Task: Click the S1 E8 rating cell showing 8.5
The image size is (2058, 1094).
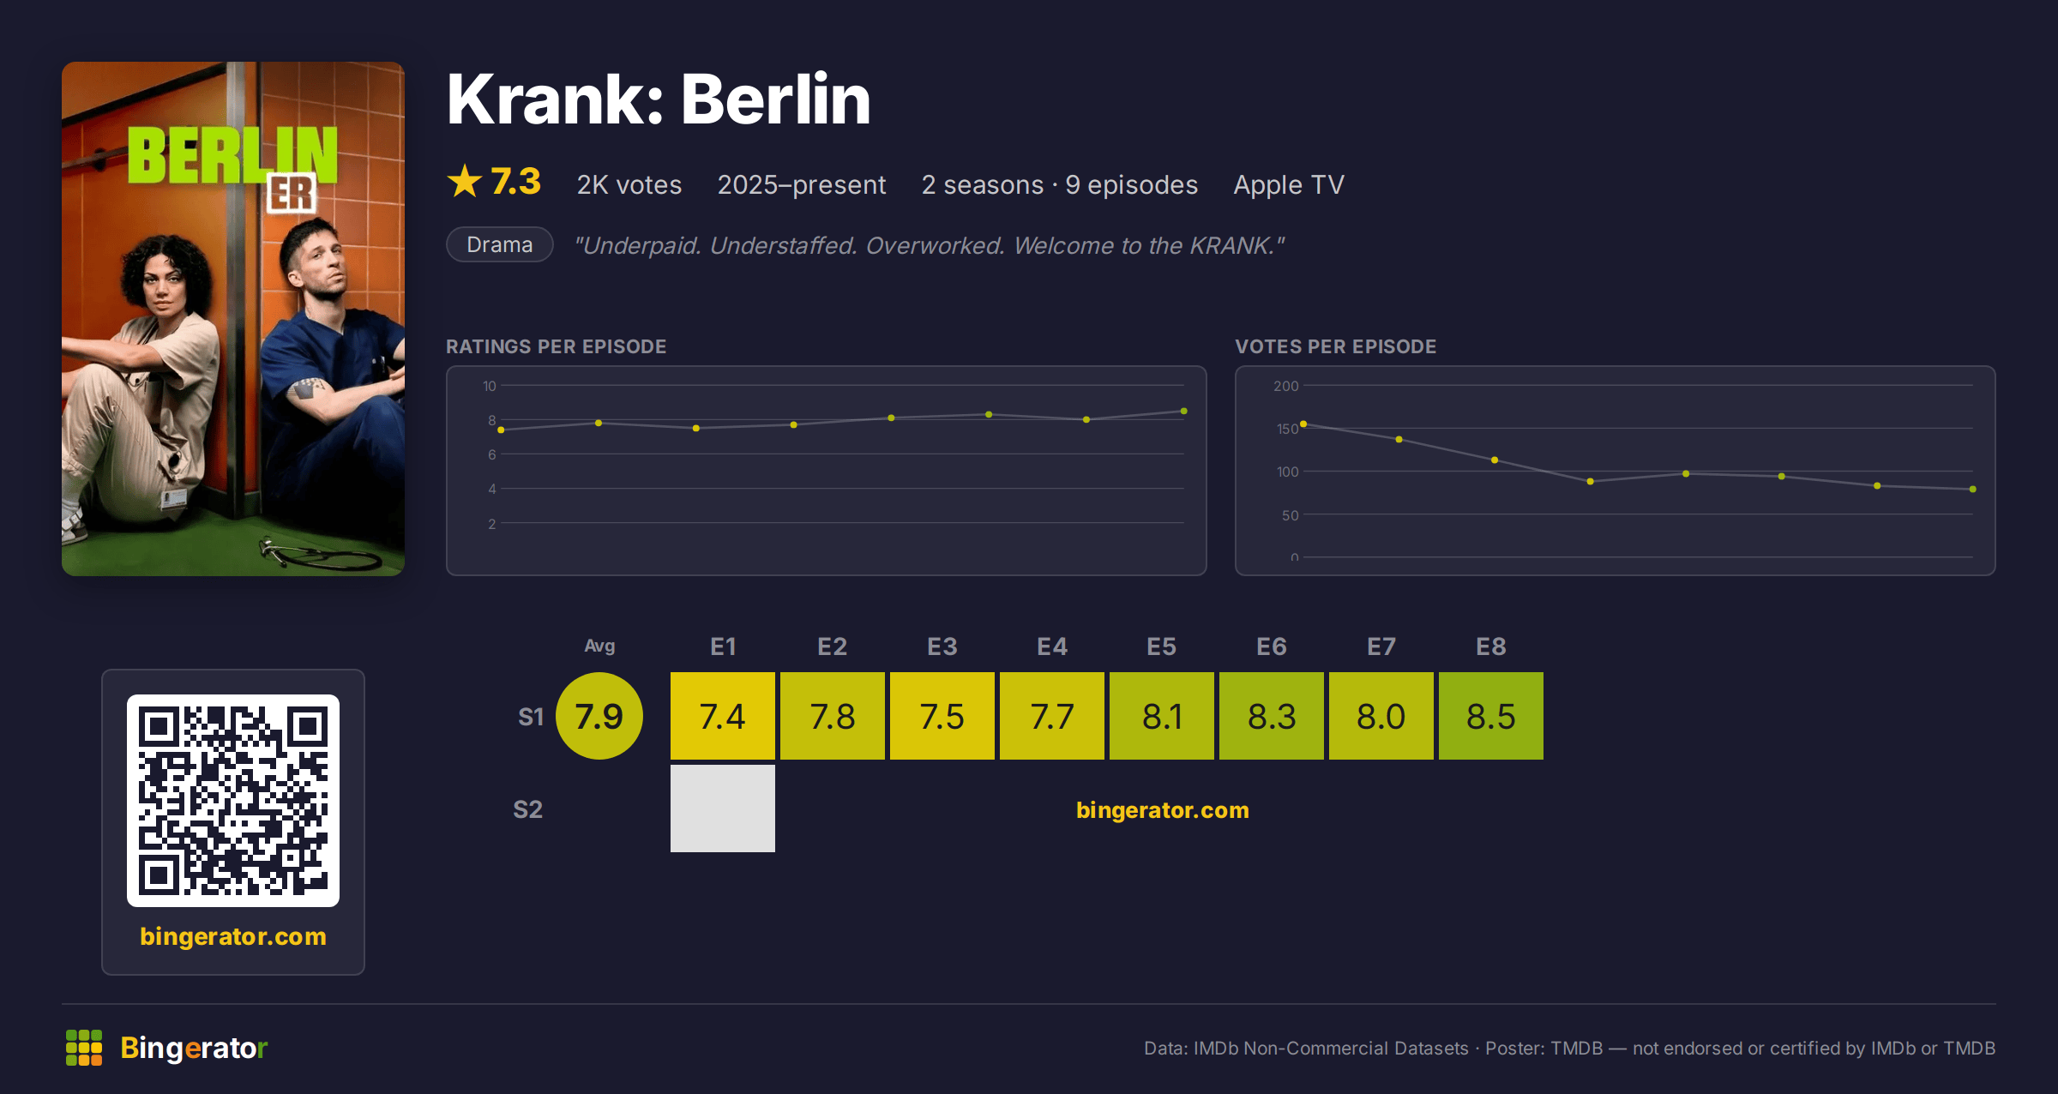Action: point(1490,716)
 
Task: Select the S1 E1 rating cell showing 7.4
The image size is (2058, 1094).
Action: point(722,716)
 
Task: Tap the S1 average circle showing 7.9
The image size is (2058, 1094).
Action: point(599,716)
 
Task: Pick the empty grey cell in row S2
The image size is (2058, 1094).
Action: point(722,808)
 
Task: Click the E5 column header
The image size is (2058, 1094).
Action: point(1161,646)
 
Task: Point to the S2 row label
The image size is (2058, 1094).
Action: point(527,809)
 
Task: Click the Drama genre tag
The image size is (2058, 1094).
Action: point(499,244)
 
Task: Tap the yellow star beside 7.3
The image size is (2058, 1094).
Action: point(465,181)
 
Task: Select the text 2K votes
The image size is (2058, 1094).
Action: point(629,184)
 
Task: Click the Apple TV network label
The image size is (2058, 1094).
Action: point(1288,184)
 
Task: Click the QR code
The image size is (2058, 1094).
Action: point(233,801)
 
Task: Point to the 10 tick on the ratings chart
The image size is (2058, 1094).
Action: point(489,386)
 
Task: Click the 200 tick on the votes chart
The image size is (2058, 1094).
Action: point(1285,386)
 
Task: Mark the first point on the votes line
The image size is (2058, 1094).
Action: point(1303,424)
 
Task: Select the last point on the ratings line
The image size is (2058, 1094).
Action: point(1184,412)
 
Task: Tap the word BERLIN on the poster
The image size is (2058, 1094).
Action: point(232,155)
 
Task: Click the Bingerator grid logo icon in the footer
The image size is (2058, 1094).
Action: point(84,1048)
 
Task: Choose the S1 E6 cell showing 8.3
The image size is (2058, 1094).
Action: point(1271,716)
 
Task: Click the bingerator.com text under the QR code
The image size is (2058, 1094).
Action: point(233,936)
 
